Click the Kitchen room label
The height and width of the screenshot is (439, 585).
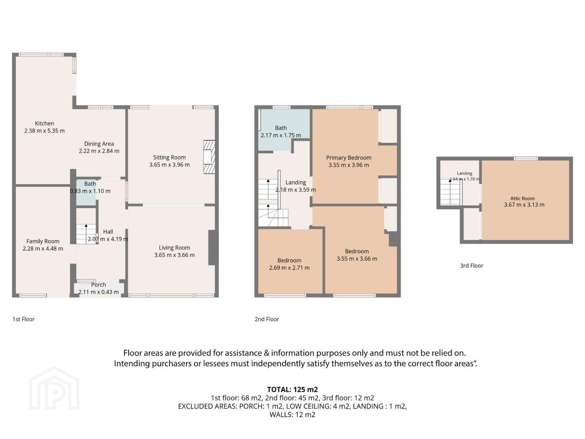coord(45,124)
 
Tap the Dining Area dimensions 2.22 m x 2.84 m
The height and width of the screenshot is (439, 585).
coord(99,151)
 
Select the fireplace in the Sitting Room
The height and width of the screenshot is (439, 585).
coord(209,157)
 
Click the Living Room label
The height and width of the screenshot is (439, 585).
coord(175,248)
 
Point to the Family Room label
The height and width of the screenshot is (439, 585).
coord(43,241)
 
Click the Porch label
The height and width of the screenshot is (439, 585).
coord(99,285)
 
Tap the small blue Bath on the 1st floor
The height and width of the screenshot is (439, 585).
coord(86,193)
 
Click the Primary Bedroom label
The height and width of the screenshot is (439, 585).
coord(349,158)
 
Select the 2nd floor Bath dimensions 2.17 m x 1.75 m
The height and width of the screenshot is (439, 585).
coord(281,135)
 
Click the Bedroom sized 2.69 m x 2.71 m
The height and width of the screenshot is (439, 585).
coord(289,262)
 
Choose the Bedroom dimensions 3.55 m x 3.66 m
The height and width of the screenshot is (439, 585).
coord(357,259)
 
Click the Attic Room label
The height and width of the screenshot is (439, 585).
coord(522,198)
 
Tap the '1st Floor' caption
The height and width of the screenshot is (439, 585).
coord(24,319)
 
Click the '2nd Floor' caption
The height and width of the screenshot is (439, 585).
coord(267,319)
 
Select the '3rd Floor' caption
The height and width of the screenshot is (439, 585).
coord(472,265)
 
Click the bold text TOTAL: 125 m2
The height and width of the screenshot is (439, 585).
coord(292,389)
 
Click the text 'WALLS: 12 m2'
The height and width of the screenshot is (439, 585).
coord(292,415)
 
